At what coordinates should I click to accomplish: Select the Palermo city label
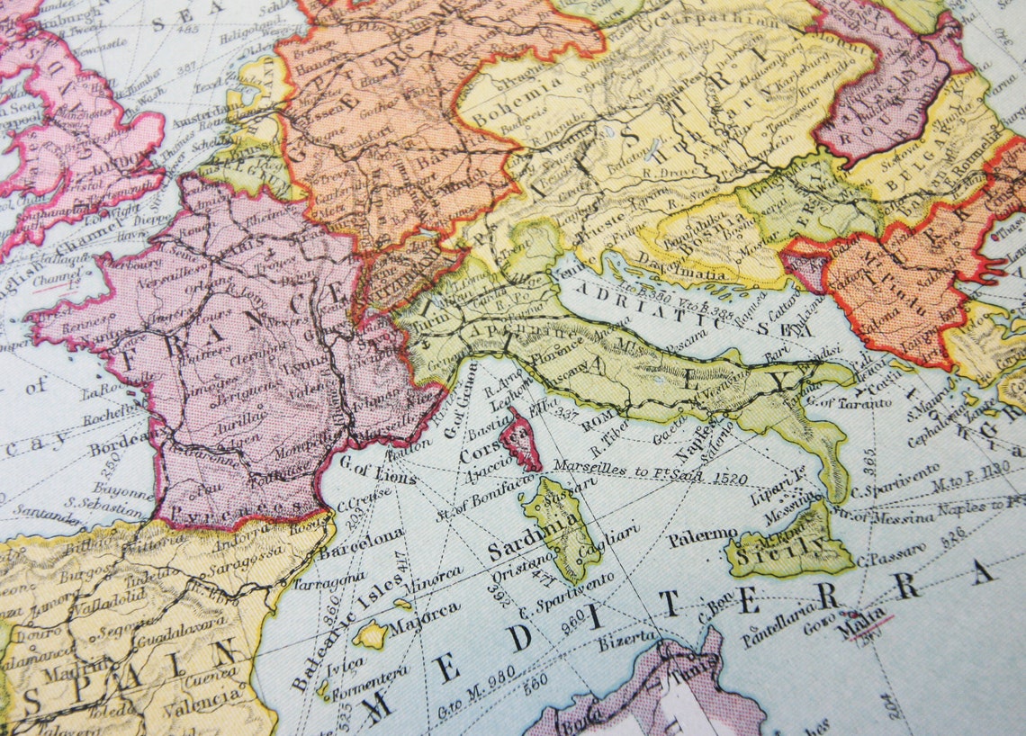coord(703,537)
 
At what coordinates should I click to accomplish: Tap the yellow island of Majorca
coord(369,635)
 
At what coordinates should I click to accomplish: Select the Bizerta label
coord(629,638)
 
